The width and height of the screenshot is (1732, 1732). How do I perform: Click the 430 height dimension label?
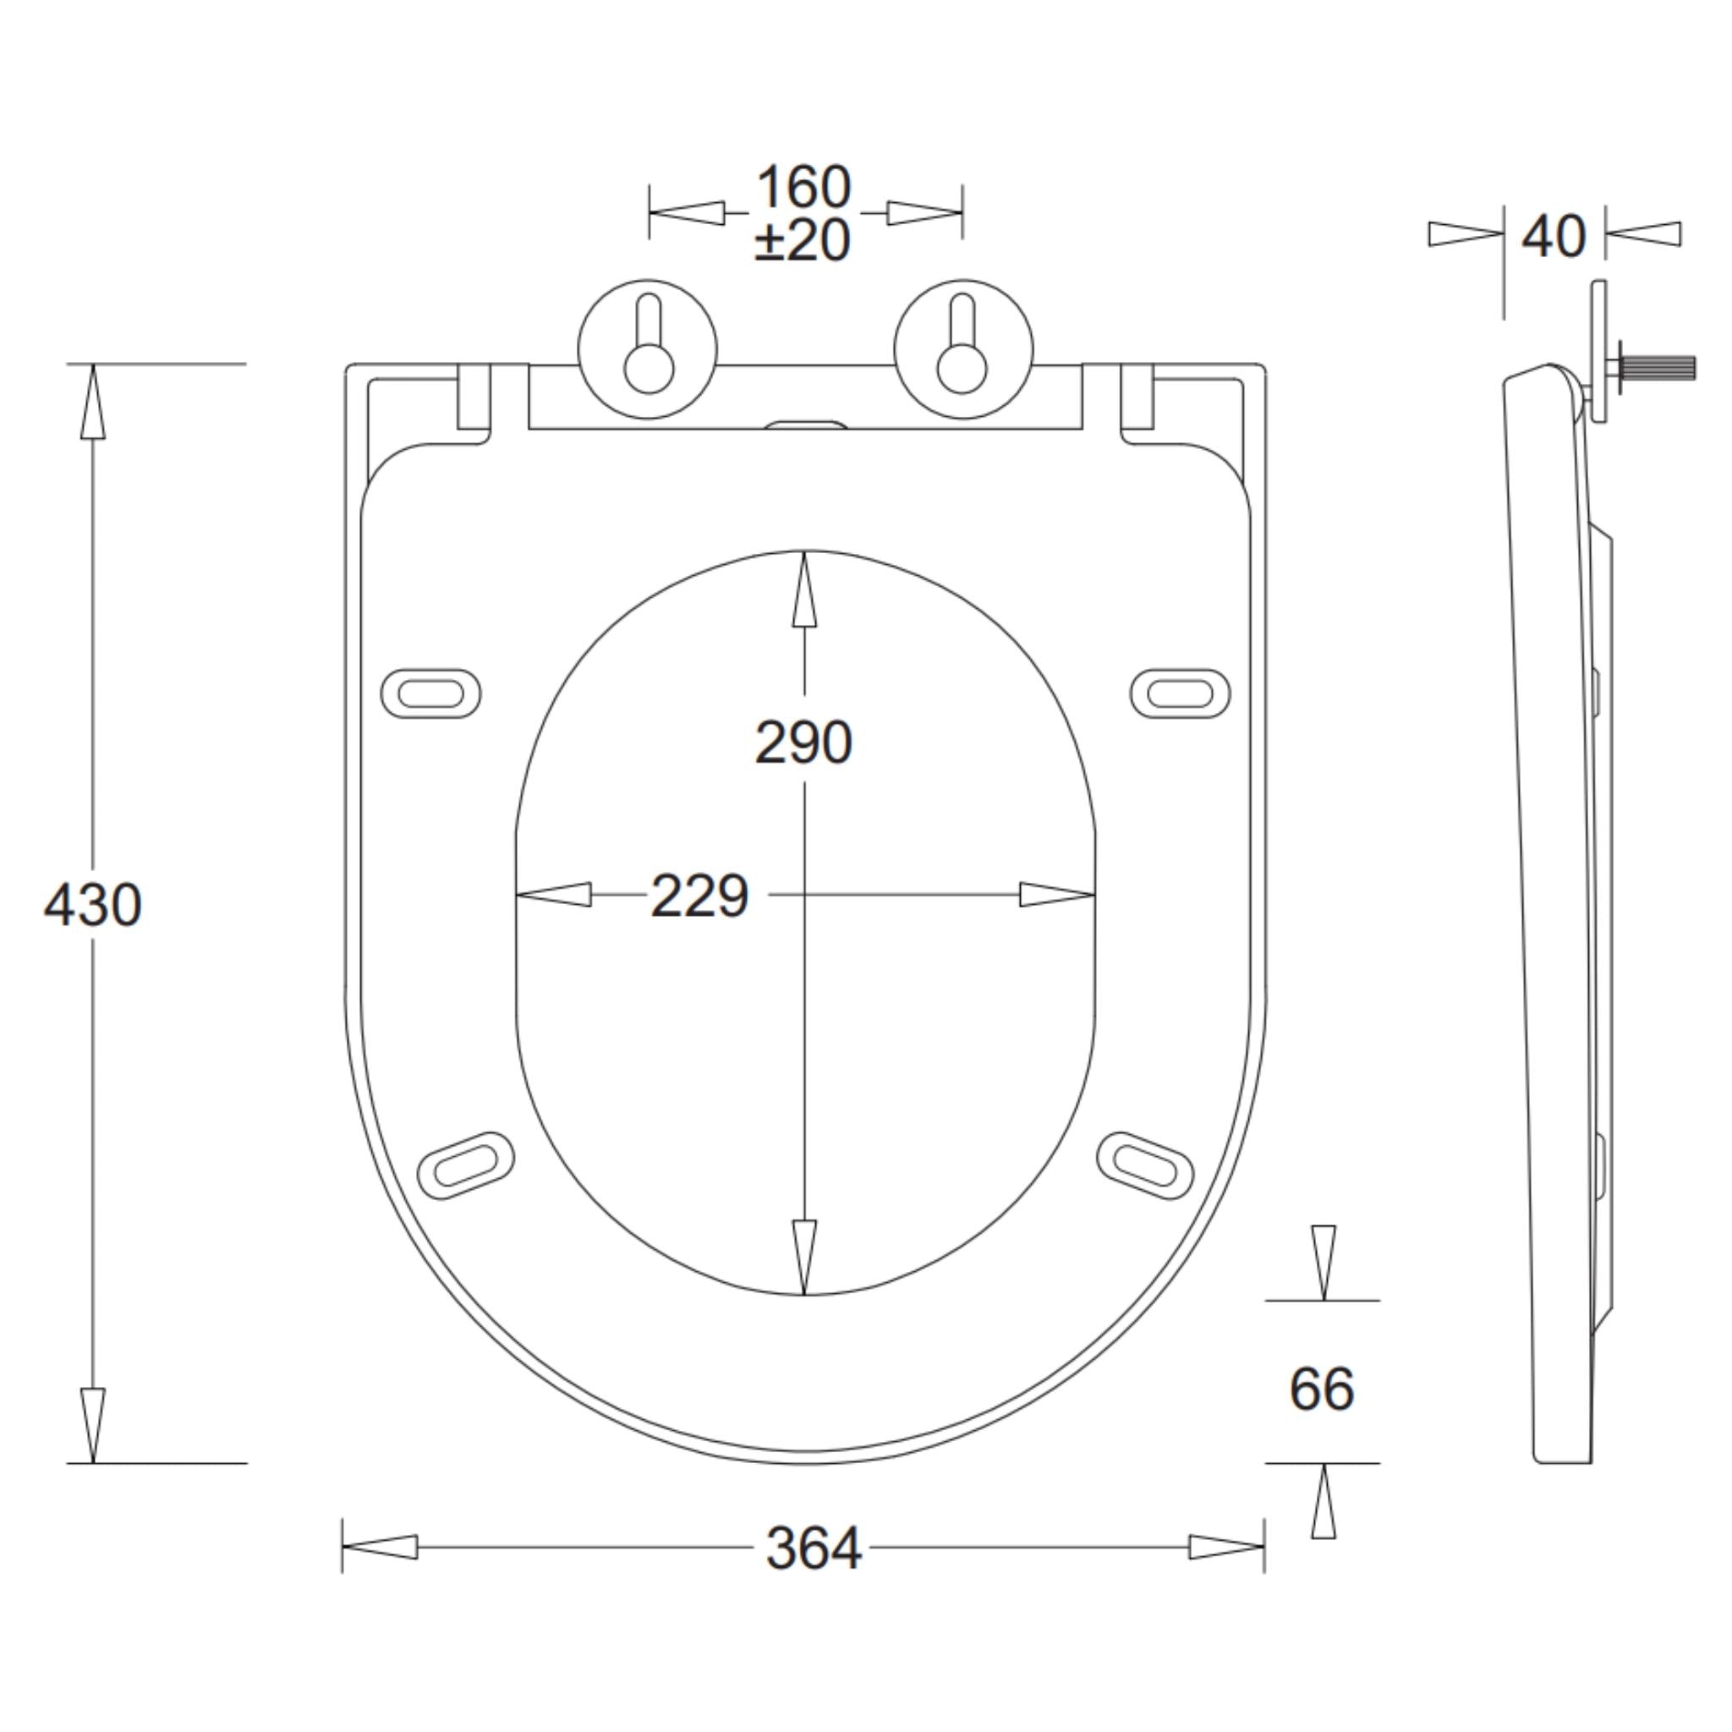[x=93, y=905]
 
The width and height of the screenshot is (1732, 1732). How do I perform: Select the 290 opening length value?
[x=803, y=743]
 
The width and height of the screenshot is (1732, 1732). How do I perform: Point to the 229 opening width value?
[x=699, y=896]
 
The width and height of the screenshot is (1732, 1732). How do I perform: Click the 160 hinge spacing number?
[x=803, y=188]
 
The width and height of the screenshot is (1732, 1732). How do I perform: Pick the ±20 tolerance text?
[x=803, y=240]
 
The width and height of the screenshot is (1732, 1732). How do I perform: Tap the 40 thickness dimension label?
[x=1554, y=237]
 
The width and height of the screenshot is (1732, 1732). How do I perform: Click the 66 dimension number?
[x=1323, y=1389]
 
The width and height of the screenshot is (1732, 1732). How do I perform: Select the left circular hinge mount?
[x=648, y=348]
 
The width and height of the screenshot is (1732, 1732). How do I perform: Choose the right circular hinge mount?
[x=964, y=348]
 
